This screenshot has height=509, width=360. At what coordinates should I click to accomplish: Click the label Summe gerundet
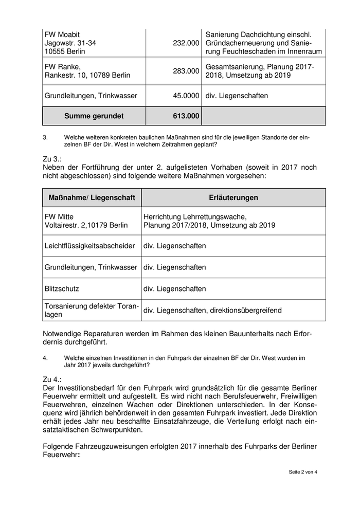point(94,116)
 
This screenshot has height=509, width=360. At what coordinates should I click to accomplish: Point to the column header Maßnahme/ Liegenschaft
point(92,198)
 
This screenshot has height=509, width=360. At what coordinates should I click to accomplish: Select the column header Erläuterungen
point(233,198)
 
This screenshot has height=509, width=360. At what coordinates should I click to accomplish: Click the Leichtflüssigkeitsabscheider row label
point(89,246)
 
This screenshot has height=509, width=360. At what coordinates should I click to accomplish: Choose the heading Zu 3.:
point(52,160)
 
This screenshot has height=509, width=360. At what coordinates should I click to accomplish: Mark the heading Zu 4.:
point(52,379)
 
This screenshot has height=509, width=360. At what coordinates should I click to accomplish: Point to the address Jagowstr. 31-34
point(70,43)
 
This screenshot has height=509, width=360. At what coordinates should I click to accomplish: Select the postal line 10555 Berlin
point(65,52)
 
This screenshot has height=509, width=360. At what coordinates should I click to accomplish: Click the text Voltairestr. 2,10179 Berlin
point(86,225)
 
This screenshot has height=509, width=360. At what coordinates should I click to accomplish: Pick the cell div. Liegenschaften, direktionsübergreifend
point(212,311)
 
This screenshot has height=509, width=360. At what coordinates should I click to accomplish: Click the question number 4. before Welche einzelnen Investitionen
point(45,357)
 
